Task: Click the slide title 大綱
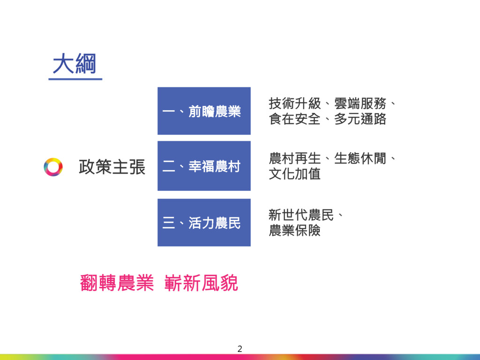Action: pos(75,64)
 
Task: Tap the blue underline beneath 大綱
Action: pos(75,79)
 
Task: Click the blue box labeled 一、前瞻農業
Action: pos(204,111)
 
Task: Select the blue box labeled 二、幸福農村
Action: pos(204,166)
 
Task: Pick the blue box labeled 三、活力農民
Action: pos(204,223)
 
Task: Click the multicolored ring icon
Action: pos(53,167)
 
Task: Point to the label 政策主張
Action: pos(112,167)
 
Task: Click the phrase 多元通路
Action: pos(360,119)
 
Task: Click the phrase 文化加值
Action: pos(295,174)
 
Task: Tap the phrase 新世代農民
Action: pos(301,215)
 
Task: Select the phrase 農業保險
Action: pos(295,231)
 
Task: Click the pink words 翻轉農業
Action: pos(117,283)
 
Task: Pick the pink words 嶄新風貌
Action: pos(202,283)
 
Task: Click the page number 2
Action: pos(240,348)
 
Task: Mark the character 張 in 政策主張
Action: pos(137,167)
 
